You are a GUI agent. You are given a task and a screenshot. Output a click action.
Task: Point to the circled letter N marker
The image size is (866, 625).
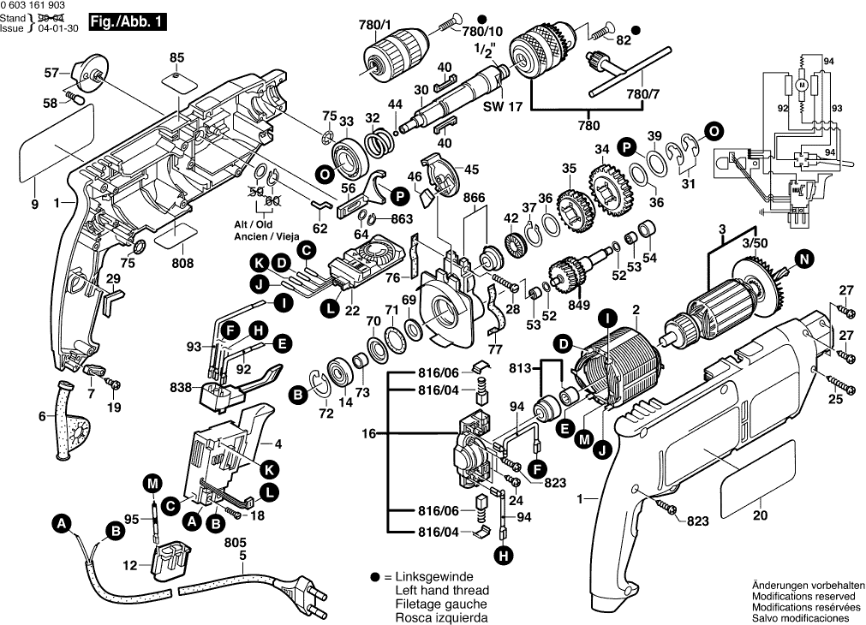click(x=803, y=259)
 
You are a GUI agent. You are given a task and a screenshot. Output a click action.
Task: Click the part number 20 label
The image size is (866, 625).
click(x=761, y=515)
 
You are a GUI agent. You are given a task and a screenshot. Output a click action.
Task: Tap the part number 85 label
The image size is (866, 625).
click(x=176, y=57)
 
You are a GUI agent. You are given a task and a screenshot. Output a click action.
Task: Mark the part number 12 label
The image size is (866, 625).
click(x=129, y=565)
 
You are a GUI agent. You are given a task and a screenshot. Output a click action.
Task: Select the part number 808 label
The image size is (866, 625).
click(x=182, y=264)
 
